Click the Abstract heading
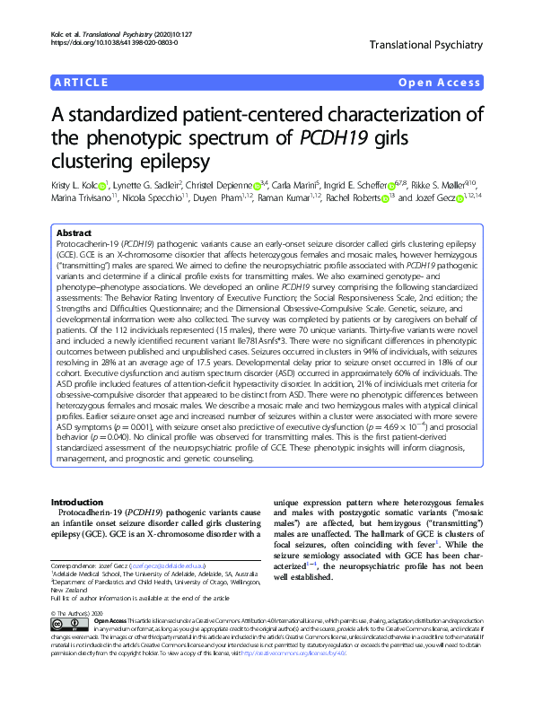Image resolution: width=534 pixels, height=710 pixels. tap(75, 231)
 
